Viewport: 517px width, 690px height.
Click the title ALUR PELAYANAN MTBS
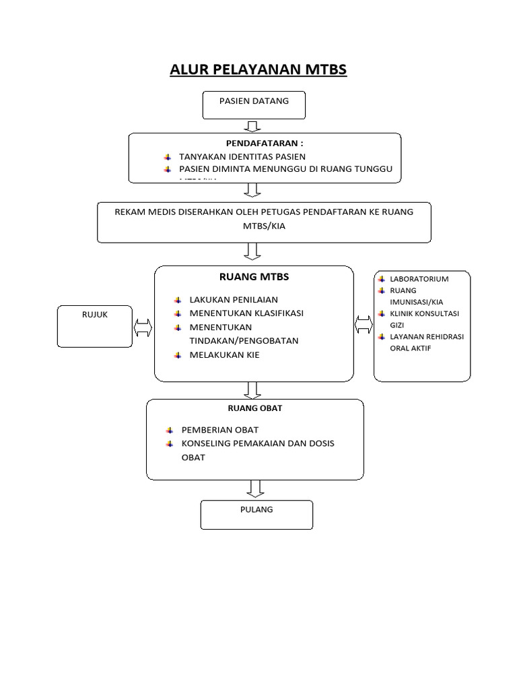258,70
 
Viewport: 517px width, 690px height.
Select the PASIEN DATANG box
254,105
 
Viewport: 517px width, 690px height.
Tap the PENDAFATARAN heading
265,144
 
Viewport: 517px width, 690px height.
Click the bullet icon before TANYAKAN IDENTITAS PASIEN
168,156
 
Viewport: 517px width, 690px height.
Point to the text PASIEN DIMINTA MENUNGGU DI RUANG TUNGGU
285,169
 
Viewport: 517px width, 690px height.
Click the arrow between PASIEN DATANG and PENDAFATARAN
253,126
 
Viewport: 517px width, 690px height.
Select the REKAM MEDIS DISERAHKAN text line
264,212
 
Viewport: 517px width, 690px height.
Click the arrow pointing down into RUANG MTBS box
253,252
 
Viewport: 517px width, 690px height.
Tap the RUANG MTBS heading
254,276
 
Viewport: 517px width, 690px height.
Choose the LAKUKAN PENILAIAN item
233,299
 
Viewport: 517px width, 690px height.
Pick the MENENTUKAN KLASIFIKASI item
246,313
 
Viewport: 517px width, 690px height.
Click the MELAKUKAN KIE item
224,354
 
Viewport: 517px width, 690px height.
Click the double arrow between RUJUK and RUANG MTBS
143,328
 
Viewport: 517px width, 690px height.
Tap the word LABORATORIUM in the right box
419,278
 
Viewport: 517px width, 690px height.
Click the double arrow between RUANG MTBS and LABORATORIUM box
364,324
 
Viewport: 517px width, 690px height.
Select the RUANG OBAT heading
254,408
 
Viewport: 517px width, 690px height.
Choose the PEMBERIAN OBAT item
219,430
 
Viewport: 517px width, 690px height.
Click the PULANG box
256,514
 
